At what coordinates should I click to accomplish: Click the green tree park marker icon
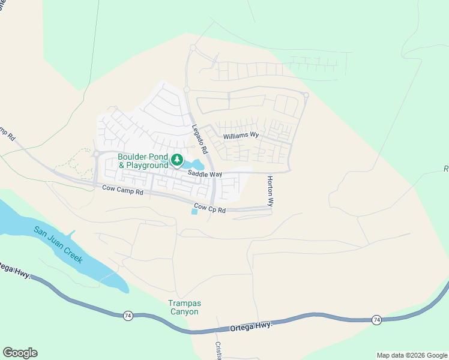[176, 160]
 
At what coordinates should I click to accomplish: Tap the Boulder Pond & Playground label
[143, 161]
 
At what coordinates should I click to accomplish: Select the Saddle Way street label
[205, 174]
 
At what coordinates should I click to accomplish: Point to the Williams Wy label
[241, 136]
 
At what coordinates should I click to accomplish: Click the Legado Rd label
[200, 140]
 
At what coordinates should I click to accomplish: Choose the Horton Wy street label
[270, 191]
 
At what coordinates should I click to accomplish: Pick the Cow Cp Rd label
[213, 209]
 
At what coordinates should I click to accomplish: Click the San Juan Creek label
[58, 245]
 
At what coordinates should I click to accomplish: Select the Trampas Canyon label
[183, 307]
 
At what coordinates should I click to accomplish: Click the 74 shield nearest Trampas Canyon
[127, 315]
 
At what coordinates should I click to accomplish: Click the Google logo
[20, 353]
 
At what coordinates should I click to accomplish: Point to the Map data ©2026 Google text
[412, 355]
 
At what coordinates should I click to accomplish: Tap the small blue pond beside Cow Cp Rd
[194, 211]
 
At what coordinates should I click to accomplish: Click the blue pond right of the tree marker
[196, 164]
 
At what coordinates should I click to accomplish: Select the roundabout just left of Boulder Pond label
[95, 154]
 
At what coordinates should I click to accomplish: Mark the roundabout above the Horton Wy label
[306, 95]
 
